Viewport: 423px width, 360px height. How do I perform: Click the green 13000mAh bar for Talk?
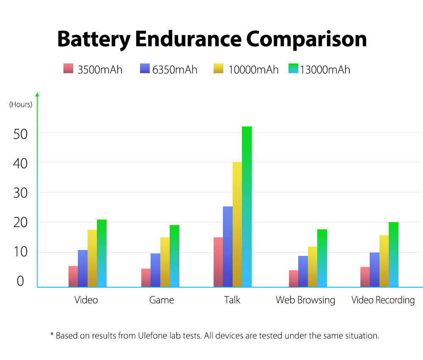247,207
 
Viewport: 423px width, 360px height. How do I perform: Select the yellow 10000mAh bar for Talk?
237,225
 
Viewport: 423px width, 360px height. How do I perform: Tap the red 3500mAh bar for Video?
73,276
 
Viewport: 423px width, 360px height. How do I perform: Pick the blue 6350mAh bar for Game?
155,270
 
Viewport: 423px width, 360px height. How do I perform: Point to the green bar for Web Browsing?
322,258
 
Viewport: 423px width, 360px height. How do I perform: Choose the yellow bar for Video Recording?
384,261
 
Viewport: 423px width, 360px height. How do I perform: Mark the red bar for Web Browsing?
294,278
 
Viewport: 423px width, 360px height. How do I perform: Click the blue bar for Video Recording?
374,269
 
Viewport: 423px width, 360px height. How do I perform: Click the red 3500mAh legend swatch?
68,68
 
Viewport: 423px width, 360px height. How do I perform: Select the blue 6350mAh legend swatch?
145,68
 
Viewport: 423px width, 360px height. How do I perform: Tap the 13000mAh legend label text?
325,70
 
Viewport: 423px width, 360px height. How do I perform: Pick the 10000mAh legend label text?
253,70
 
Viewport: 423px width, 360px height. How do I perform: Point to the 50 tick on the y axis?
20,134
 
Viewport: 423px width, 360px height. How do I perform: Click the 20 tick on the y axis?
20,223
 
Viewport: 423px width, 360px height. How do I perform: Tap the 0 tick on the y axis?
20,281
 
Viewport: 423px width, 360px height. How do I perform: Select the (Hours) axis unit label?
21,104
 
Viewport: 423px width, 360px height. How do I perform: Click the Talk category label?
232,300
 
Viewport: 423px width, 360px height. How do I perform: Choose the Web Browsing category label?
305,300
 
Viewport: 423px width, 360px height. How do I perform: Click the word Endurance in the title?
188,39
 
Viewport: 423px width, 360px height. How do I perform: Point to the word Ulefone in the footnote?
153,335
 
